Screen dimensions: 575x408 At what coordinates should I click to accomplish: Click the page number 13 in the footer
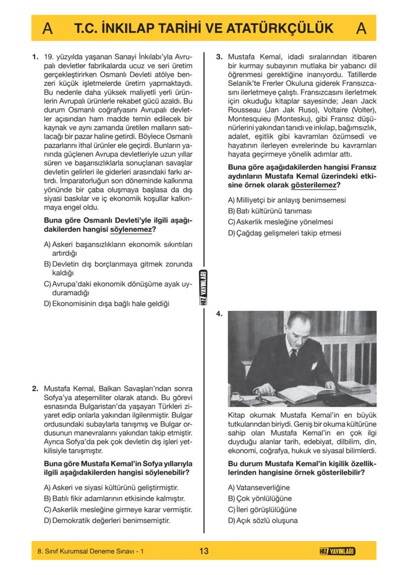pos(204,551)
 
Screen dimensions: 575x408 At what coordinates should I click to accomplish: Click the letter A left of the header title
pos(48,29)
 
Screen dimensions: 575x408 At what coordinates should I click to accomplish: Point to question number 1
pos(35,57)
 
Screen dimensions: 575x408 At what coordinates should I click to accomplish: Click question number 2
pos(35,388)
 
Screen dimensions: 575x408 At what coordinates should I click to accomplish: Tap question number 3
pos(219,57)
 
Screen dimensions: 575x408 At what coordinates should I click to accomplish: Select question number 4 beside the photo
pos(219,314)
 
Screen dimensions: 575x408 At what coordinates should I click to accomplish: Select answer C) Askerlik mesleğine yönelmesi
pos(280,222)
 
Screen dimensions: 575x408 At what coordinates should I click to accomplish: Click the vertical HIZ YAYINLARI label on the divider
pos(204,289)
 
